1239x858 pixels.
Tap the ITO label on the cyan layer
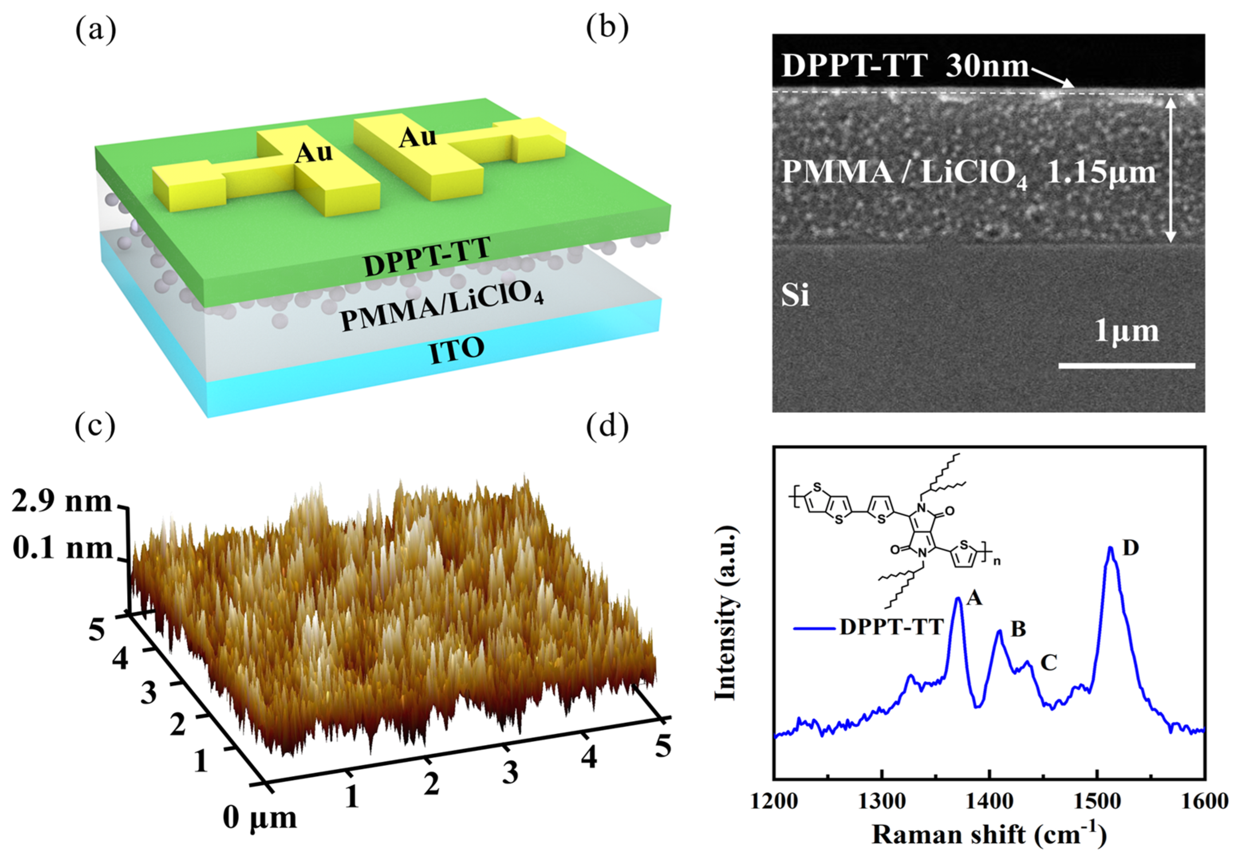[457, 350]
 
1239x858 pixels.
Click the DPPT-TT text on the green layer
[427, 258]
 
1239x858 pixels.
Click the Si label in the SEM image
[795, 295]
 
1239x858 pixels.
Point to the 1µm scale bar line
[1126, 366]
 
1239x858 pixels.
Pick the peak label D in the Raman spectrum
[1131, 548]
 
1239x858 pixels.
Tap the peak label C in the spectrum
[1049, 663]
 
